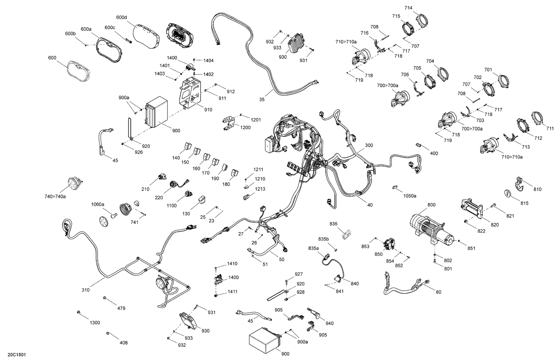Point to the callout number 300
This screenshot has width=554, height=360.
click(x=369, y=145)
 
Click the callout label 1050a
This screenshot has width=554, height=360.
click(x=410, y=196)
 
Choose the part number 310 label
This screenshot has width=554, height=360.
click(x=85, y=290)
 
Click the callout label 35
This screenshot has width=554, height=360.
click(x=262, y=99)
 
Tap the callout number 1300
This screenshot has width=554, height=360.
click(x=95, y=323)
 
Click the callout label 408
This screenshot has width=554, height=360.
click(x=123, y=343)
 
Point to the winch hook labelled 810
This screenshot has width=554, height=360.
click(x=519, y=184)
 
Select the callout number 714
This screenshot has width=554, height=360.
click(x=408, y=8)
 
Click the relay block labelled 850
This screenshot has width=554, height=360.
click(x=389, y=244)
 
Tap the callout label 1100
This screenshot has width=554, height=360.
click(x=172, y=206)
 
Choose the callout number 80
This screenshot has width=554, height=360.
click(x=438, y=292)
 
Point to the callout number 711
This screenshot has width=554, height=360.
click(x=550, y=129)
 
